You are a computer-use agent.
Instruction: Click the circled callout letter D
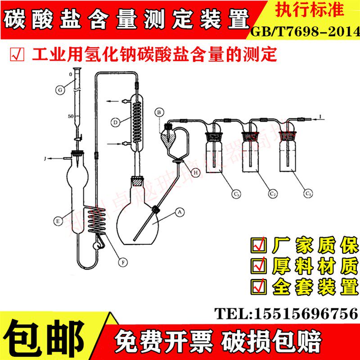(x=116, y=122)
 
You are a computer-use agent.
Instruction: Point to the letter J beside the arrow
(x=45, y=158)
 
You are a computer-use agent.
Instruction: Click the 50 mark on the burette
(x=71, y=117)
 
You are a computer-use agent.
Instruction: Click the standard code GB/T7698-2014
(x=305, y=31)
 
